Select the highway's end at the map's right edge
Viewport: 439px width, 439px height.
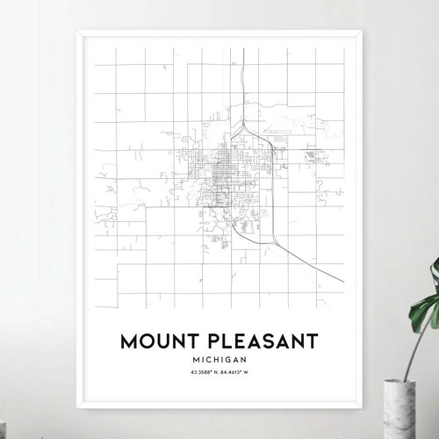point(343,282)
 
